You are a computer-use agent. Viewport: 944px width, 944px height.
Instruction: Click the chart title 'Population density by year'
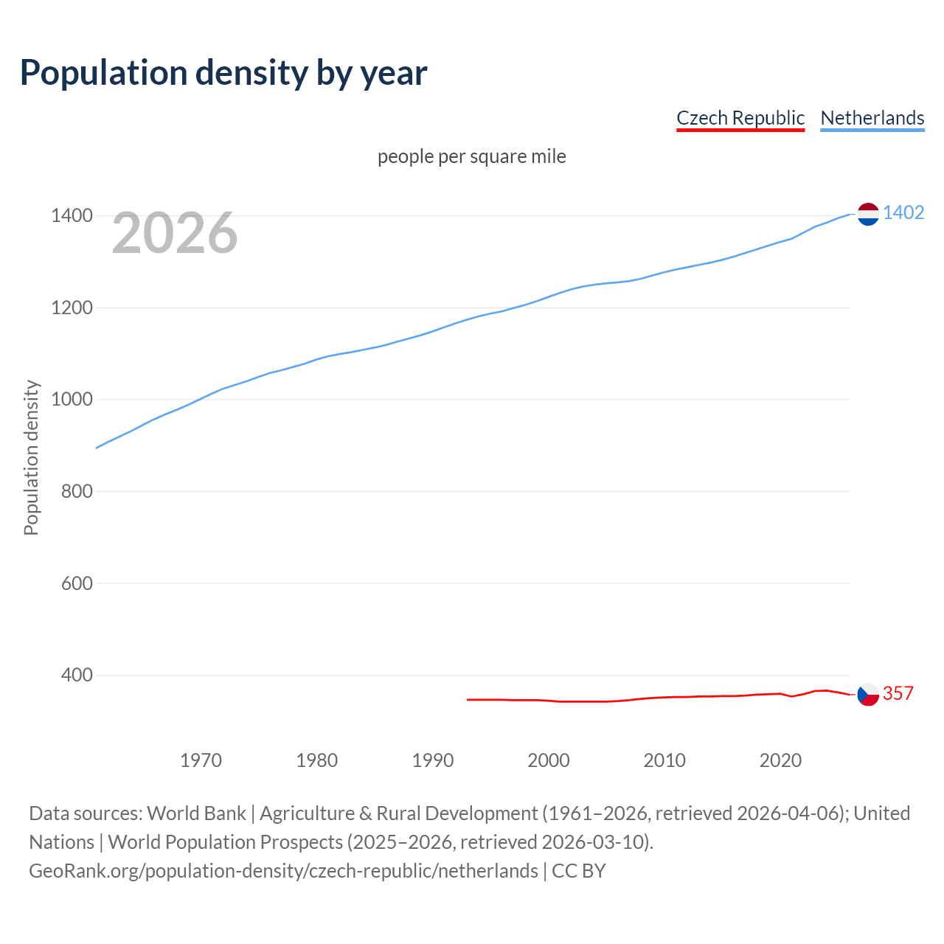point(223,73)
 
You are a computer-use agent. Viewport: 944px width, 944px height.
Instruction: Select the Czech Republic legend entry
point(740,118)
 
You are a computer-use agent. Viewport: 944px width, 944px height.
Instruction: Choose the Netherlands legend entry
point(872,118)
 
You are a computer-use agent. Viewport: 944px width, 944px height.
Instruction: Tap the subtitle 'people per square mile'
point(472,157)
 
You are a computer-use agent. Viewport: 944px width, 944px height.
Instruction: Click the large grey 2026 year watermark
point(175,233)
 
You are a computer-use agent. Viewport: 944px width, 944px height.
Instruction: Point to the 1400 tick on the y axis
point(72,216)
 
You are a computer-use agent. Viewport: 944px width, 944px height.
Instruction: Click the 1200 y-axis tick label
point(72,308)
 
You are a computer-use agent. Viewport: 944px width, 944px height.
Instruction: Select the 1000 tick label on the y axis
point(72,400)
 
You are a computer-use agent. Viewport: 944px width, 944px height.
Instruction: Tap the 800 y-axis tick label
point(77,491)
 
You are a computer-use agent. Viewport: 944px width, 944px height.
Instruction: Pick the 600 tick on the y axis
point(77,583)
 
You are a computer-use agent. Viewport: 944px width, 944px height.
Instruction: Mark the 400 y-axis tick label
point(77,675)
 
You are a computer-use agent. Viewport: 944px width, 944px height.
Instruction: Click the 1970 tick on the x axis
point(201,760)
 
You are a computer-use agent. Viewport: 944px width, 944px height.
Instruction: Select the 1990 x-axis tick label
point(433,760)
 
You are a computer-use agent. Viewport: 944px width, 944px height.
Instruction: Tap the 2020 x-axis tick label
point(780,760)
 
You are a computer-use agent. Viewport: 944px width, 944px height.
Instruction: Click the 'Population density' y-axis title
point(31,457)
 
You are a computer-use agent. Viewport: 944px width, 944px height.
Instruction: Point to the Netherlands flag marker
point(868,214)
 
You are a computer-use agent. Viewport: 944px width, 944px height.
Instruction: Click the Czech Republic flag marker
point(868,694)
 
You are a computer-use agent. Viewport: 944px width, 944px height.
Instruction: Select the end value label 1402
point(903,213)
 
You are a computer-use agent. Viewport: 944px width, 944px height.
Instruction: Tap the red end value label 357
point(898,694)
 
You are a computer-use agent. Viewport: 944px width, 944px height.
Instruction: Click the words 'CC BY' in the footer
point(579,871)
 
